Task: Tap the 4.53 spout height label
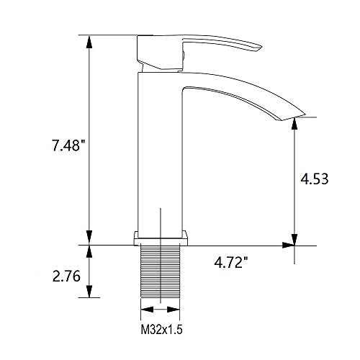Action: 315,179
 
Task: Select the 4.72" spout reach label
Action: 231,263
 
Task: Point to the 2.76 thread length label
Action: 66,276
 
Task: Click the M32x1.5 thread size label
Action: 161,330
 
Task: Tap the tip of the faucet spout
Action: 305,114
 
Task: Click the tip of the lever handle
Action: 261,45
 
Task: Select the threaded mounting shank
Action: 160,271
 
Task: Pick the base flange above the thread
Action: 161,238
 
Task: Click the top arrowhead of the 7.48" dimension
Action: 89,42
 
